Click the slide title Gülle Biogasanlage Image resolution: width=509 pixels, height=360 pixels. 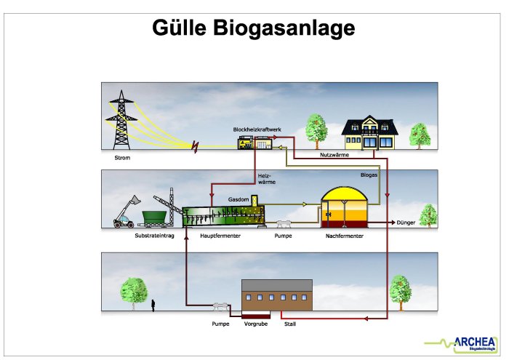[x=254, y=28]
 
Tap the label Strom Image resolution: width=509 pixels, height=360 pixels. [x=122, y=157]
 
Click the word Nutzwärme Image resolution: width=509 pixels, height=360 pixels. [x=334, y=155]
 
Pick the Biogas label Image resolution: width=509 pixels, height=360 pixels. [x=369, y=175]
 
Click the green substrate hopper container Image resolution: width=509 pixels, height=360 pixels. [x=152, y=219]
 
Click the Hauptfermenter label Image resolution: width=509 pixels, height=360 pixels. [x=220, y=236]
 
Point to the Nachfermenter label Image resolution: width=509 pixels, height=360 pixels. [x=344, y=236]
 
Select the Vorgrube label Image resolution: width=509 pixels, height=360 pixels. [x=257, y=324]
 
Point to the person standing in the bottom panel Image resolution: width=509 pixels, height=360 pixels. [x=153, y=303]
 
